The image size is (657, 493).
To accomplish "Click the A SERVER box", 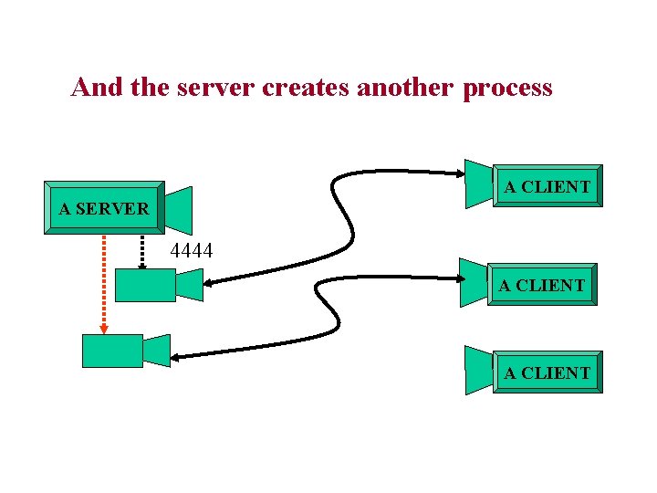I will [104, 208].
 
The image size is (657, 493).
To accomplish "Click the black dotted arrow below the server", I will [142, 250].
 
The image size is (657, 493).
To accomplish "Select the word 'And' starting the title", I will [91, 88].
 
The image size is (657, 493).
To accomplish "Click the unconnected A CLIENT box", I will [547, 372].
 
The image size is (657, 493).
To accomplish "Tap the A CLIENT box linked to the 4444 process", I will [547, 186].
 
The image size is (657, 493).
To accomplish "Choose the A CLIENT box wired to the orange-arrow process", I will [541, 285].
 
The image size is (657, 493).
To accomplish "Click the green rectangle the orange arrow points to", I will [112, 351].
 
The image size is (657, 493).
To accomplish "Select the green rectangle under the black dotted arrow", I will [144, 285].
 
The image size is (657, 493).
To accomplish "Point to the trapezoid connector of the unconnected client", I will [478, 370].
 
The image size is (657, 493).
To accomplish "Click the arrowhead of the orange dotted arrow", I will [104, 328].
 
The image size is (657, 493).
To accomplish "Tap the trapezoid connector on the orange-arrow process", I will [157, 351].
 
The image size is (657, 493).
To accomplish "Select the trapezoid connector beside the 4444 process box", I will [189, 284].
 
